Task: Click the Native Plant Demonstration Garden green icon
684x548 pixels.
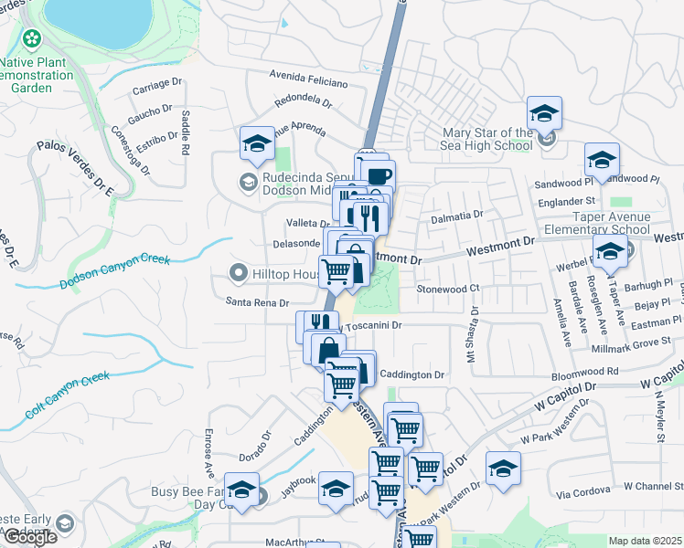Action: click(x=33, y=39)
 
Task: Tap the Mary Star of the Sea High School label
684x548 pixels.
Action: click(x=474, y=139)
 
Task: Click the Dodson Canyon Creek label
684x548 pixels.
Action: click(x=116, y=271)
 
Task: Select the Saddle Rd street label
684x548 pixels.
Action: click(x=186, y=132)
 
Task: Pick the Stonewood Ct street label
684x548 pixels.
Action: click(x=448, y=288)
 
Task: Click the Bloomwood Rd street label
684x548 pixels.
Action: click(x=587, y=372)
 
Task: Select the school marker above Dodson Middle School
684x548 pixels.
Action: click(x=257, y=144)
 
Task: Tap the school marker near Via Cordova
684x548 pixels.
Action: click(x=502, y=469)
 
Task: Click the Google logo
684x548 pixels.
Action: click(x=30, y=536)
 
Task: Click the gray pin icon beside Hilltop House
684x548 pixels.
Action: click(x=239, y=273)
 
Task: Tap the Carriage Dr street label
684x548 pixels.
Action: click(x=157, y=84)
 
